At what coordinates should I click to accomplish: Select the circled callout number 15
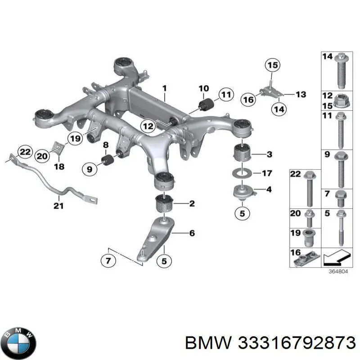click(272, 66)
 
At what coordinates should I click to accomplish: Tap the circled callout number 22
click(26, 152)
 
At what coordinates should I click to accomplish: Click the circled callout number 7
click(108, 260)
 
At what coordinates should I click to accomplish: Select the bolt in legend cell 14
click(340, 72)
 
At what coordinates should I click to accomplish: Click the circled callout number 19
click(75, 139)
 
